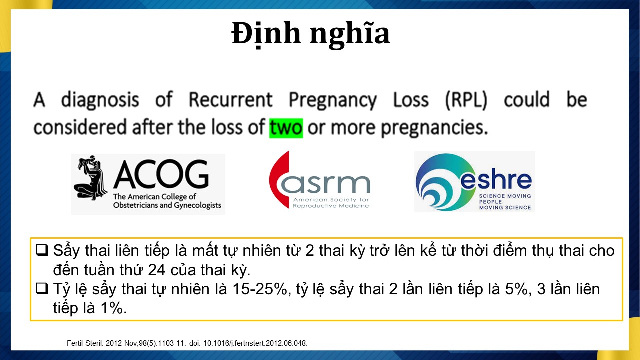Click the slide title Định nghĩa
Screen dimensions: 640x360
(x=311, y=33)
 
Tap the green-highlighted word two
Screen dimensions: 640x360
(x=286, y=128)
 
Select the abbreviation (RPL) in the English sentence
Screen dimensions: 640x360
(x=466, y=100)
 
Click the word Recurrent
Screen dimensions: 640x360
(x=231, y=99)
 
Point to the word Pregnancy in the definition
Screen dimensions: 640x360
(x=333, y=101)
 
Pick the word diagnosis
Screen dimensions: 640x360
(x=100, y=101)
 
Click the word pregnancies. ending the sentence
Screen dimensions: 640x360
(x=434, y=128)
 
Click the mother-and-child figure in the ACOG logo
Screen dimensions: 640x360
(x=90, y=178)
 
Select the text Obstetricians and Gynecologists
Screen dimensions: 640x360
(x=167, y=205)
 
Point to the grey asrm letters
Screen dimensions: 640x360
(x=325, y=184)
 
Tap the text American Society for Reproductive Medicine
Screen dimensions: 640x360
(x=331, y=203)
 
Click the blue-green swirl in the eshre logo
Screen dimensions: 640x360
(x=441, y=182)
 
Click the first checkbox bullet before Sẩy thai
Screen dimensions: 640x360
(x=42, y=250)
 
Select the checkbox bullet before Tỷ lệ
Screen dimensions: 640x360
(x=42, y=288)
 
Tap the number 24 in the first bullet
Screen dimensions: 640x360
(x=156, y=270)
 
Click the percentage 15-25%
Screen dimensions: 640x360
(x=260, y=289)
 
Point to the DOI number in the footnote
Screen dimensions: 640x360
(x=255, y=343)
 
